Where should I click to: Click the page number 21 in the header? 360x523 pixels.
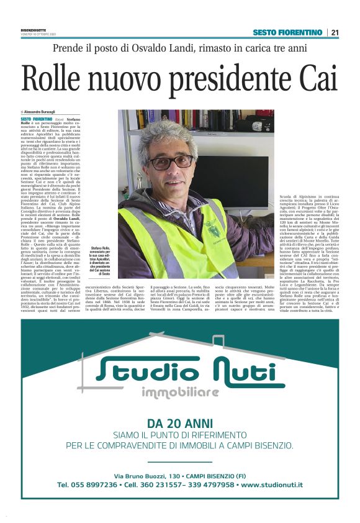[335, 32]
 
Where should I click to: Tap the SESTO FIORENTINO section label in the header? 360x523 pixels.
[287, 32]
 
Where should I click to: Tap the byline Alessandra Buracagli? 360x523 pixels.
[46, 111]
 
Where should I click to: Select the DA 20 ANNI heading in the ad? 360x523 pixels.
[180, 422]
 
